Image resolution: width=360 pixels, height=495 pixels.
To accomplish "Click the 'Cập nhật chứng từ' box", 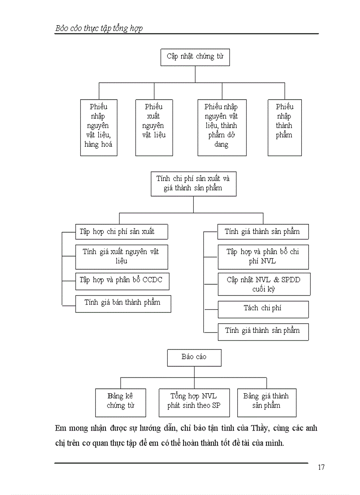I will tap(195, 57).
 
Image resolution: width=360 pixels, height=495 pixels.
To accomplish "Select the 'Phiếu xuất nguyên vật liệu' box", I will tap(154, 127).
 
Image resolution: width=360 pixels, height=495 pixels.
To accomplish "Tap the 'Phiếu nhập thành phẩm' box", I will tap(285, 127).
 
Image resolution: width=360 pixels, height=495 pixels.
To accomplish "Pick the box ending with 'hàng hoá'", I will tap(98, 127).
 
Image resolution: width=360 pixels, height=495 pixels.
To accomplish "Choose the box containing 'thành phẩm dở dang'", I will tap(221, 127).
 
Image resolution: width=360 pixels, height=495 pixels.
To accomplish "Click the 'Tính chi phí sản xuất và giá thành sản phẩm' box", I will tap(193, 184).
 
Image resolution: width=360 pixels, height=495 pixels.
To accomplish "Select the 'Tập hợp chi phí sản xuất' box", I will tap(121, 232).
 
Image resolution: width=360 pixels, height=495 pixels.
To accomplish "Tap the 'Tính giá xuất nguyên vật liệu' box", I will tap(121, 257).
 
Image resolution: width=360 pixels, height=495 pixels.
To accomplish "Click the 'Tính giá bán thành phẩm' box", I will tap(123, 304).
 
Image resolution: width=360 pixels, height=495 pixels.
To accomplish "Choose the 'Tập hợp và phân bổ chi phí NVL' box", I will tap(263, 257).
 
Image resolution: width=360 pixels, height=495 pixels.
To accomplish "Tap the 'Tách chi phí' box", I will tap(263, 309).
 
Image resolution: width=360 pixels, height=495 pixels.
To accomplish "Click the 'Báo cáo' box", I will tap(194, 357).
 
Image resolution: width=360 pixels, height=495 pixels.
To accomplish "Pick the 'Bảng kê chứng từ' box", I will tap(120, 402).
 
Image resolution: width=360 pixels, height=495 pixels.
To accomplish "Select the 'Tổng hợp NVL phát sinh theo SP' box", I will tap(194, 402).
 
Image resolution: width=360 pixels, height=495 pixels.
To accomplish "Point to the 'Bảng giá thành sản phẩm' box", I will tap(266, 402).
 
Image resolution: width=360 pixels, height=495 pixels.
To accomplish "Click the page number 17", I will tap(321, 467).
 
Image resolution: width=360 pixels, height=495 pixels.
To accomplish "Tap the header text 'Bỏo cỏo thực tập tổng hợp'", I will tap(99, 28).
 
